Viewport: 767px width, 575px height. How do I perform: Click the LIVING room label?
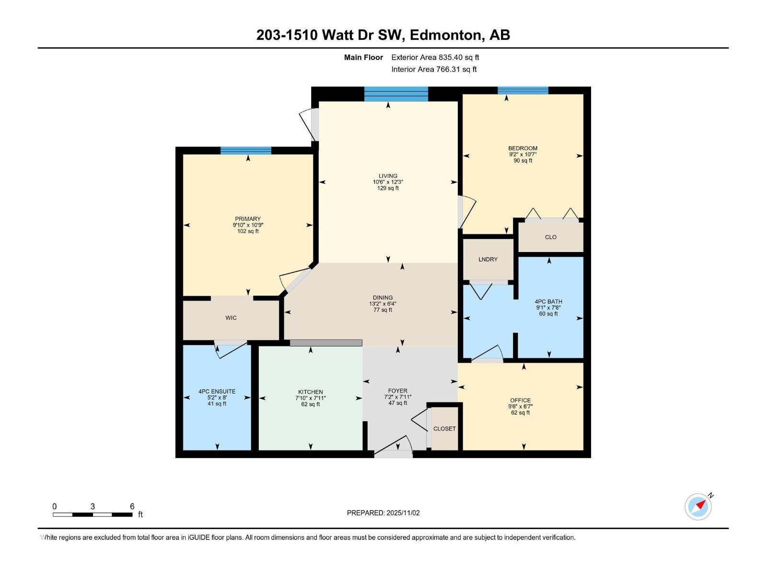click(x=388, y=176)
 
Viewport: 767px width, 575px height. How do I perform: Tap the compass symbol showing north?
click(x=698, y=506)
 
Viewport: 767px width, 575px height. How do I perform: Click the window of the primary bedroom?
click(x=246, y=150)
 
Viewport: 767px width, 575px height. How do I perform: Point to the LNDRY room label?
click(x=488, y=259)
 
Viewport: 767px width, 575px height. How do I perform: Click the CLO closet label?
click(x=550, y=237)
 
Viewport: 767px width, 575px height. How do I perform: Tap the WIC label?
click(x=231, y=318)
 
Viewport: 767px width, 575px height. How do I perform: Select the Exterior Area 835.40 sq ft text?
click(x=435, y=57)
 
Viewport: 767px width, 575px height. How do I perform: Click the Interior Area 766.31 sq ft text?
click(x=434, y=69)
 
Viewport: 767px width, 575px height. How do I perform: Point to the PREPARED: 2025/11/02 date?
click(x=383, y=513)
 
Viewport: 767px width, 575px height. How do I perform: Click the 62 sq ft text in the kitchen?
click(x=311, y=404)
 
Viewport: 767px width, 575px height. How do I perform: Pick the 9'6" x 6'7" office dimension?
click(x=520, y=406)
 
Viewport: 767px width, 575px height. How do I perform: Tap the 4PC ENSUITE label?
click(x=217, y=391)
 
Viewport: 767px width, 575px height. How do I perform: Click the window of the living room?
click(x=396, y=94)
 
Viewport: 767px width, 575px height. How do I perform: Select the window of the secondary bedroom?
click(x=523, y=90)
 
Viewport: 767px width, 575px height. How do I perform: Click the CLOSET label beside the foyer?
click(x=444, y=428)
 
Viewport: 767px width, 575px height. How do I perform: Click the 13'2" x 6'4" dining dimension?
click(x=383, y=304)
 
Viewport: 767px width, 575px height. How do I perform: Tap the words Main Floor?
click(x=363, y=57)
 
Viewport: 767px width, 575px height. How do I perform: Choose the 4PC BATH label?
click(x=548, y=301)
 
